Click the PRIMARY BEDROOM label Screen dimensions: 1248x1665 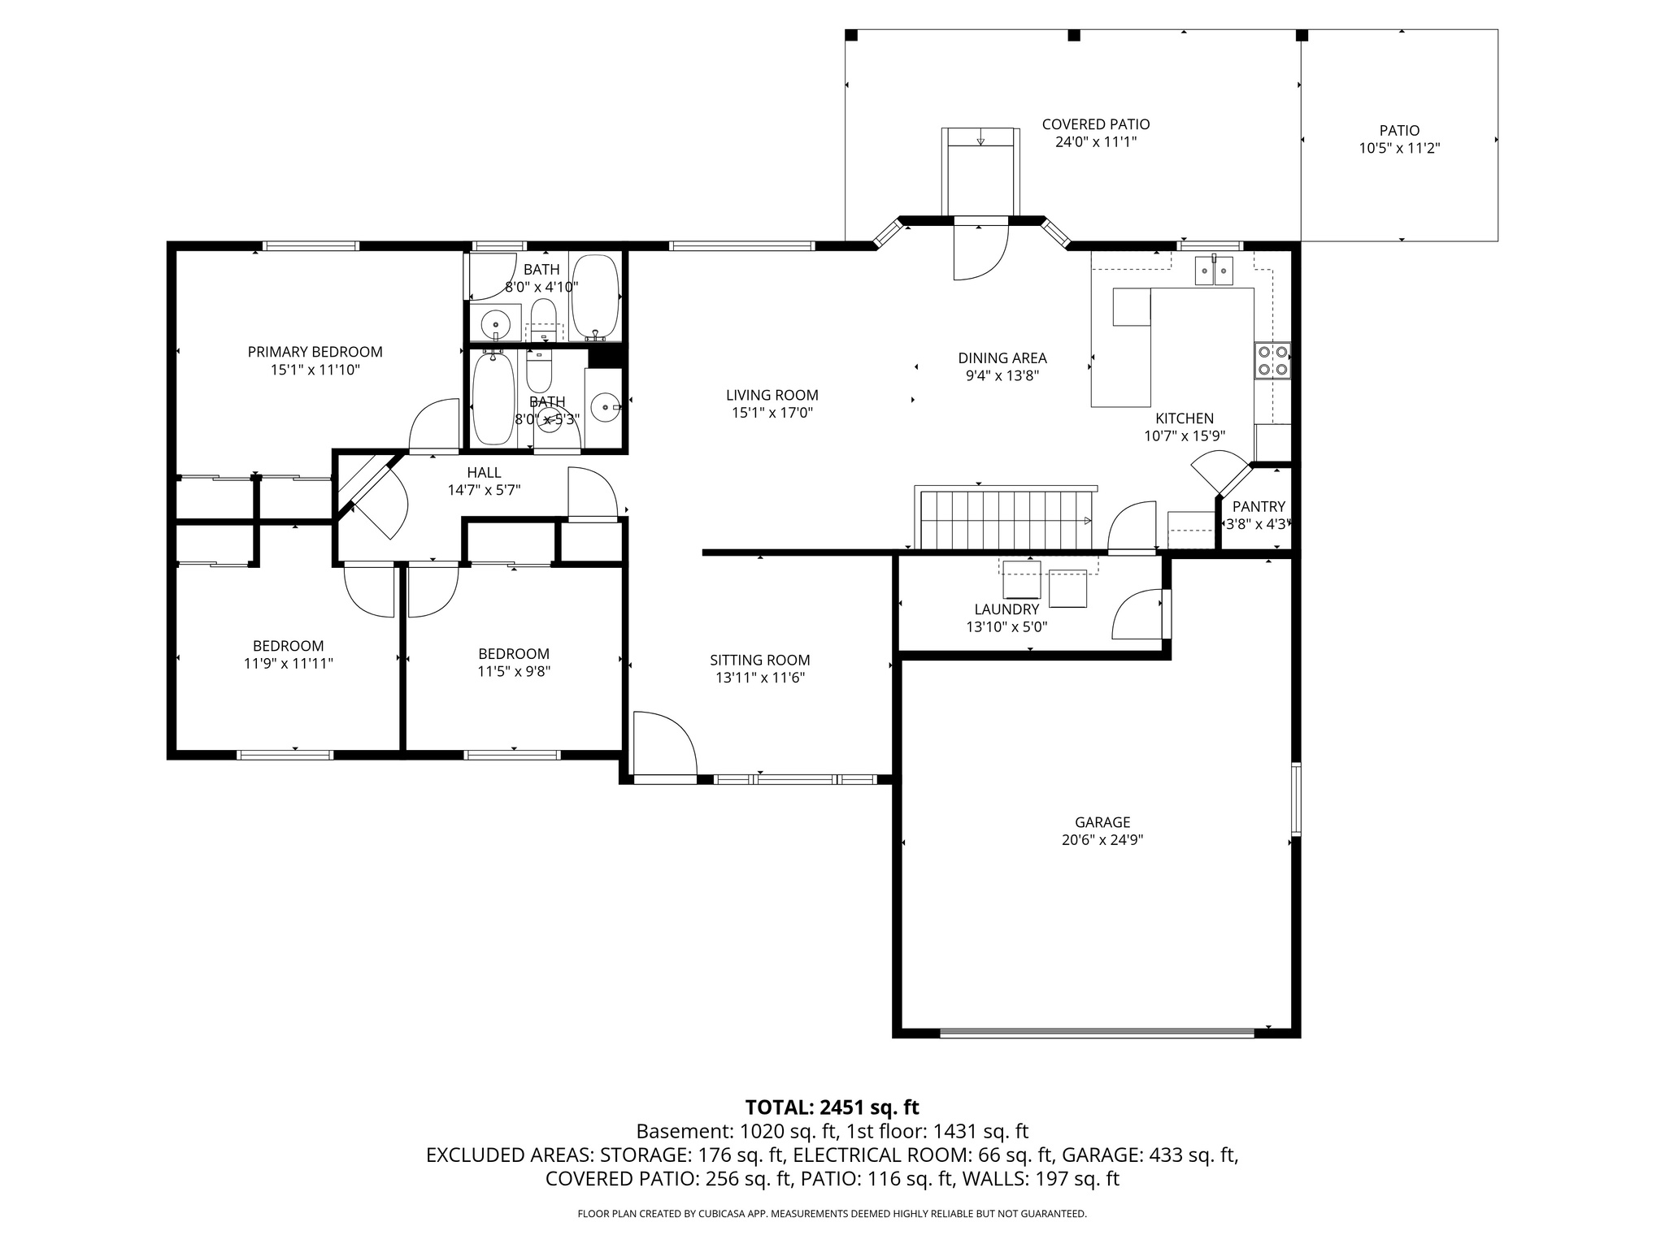coord(315,352)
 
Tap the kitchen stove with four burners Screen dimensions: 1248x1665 coord(1272,361)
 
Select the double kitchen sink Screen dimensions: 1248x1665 coord(1214,271)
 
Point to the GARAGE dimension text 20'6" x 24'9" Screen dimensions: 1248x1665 coord(1102,840)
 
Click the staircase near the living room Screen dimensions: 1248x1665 coord(1004,520)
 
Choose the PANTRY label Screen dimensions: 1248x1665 coord(1258,506)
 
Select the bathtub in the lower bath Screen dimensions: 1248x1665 coord(493,398)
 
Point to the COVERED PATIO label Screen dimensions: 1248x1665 coord(1095,124)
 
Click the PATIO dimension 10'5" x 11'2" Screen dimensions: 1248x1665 coord(1398,149)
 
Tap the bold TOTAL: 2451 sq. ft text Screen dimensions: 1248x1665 coord(832,1107)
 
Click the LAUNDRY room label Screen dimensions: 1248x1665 coord(1006,609)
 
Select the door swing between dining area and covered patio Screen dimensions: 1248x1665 coord(980,253)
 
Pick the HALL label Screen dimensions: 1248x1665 coord(484,473)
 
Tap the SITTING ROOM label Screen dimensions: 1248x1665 coord(759,660)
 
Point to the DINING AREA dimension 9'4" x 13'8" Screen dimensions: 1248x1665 coord(1002,375)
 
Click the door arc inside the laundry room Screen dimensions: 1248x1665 coord(1137,615)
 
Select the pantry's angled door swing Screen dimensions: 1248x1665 coord(1217,474)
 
